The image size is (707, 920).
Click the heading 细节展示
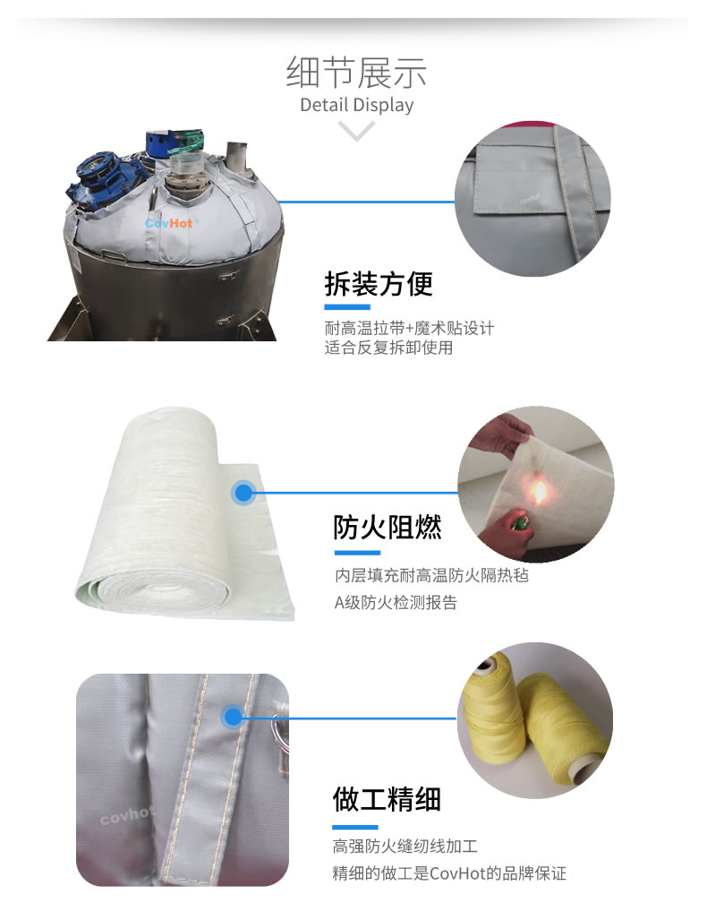point(356,73)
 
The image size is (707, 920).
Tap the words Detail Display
point(356,105)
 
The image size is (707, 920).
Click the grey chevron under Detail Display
point(356,131)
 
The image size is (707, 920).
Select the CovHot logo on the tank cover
point(169,224)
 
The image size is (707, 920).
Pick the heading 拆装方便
point(379,284)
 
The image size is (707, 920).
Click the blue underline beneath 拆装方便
point(347,307)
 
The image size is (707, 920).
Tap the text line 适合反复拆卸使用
point(388,348)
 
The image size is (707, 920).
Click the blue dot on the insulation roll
point(243,493)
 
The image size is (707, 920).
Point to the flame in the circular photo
point(538,490)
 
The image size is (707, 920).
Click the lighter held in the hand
point(518,522)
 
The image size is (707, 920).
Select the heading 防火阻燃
point(387,528)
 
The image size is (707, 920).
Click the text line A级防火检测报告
point(396,602)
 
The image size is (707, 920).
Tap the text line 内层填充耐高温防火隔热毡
point(431,575)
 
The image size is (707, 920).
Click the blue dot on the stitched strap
point(234,717)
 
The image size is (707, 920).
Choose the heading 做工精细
point(387,799)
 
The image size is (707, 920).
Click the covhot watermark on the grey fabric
point(126,815)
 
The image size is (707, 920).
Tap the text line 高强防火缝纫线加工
point(405,846)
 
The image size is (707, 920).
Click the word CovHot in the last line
point(456,873)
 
